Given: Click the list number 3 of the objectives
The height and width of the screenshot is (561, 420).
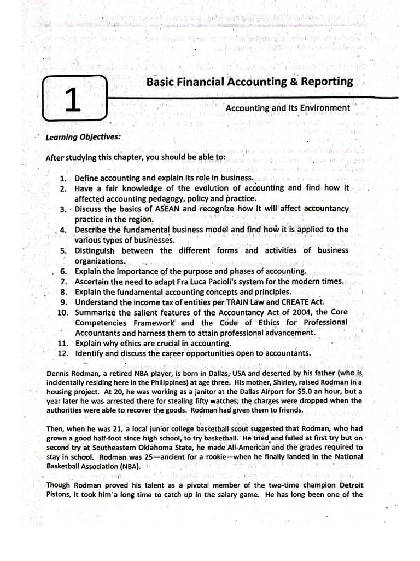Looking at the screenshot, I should [x=62, y=209].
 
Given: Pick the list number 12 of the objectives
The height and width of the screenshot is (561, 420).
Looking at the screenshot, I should [x=62, y=353].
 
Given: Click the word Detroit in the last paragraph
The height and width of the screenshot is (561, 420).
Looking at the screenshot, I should [x=349, y=485].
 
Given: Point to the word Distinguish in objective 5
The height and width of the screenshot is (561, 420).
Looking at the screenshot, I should [x=96, y=250].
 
